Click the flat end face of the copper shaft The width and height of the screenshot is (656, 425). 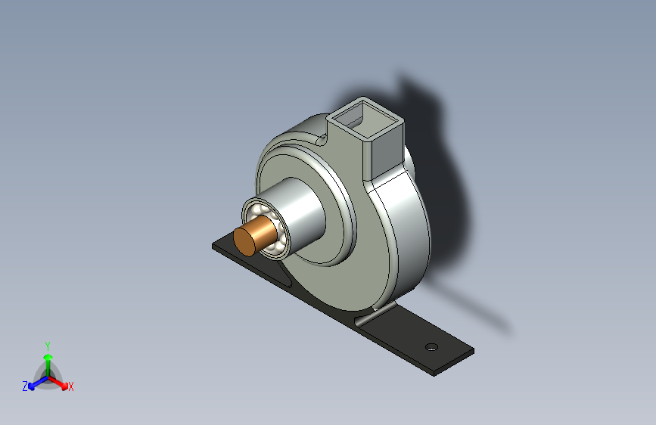(244, 241)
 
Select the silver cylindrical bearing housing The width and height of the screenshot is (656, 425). (293, 212)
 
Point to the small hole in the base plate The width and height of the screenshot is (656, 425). (431, 347)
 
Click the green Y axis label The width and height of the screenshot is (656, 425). (48, 346)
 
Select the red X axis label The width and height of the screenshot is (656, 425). (70, 387)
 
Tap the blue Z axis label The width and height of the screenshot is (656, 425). (25, 386)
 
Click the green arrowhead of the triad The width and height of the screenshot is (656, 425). (48, 357)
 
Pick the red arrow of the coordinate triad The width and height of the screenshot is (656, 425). (58, 383)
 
